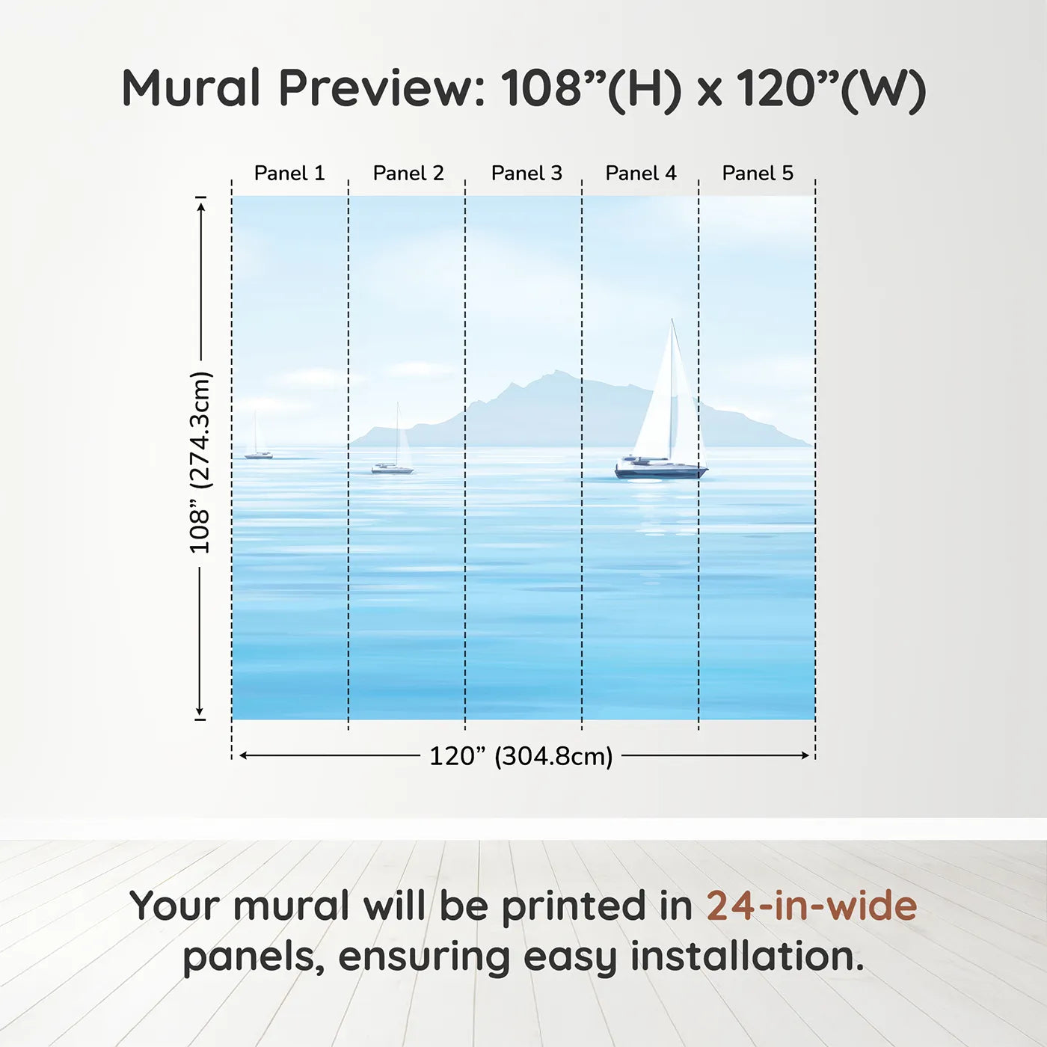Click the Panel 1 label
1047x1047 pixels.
[x=289, y=174]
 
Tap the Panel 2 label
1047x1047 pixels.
[x=408, y=174]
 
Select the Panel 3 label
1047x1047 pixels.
[x=526, y=174]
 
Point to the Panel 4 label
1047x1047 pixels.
[x=641, y=174]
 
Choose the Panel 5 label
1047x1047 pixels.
[x=758, y=174]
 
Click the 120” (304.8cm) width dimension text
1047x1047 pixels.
[x=521, y=756]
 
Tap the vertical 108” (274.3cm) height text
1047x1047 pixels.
[x=200, y=462]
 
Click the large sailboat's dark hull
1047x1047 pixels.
[x=661, y=470]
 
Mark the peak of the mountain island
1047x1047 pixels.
[x=556, y=371]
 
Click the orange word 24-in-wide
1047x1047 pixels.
[x=811, y=906]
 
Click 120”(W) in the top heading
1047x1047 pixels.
[x=831, y=89]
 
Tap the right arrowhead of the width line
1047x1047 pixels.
[x=805, y=755]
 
